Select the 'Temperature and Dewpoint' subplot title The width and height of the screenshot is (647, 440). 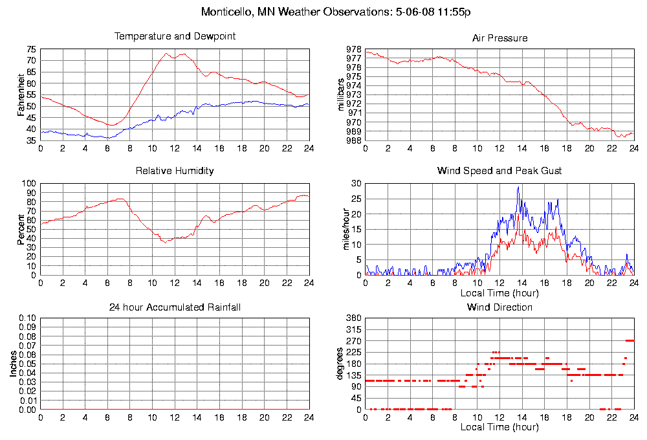click(175, 36)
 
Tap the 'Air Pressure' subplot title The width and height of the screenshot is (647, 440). click(499, 38)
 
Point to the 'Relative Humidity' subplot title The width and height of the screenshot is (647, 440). click(175, 171)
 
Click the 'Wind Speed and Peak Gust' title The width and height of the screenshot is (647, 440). click(499, 171)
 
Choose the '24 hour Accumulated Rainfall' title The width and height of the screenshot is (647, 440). click(175, 307)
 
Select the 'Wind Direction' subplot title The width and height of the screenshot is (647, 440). click(499, 307)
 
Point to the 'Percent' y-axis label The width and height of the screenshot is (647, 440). click(21, 229)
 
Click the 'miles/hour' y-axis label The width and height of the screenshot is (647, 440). click(342, 229)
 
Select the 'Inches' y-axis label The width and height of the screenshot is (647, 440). click(14, 364)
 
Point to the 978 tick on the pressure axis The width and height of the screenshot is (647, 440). click(354, 49)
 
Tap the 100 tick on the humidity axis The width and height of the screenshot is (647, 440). click(29, 183)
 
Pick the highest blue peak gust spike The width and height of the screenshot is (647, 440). click(518, 187)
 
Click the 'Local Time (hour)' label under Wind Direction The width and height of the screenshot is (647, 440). click(499, 427)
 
